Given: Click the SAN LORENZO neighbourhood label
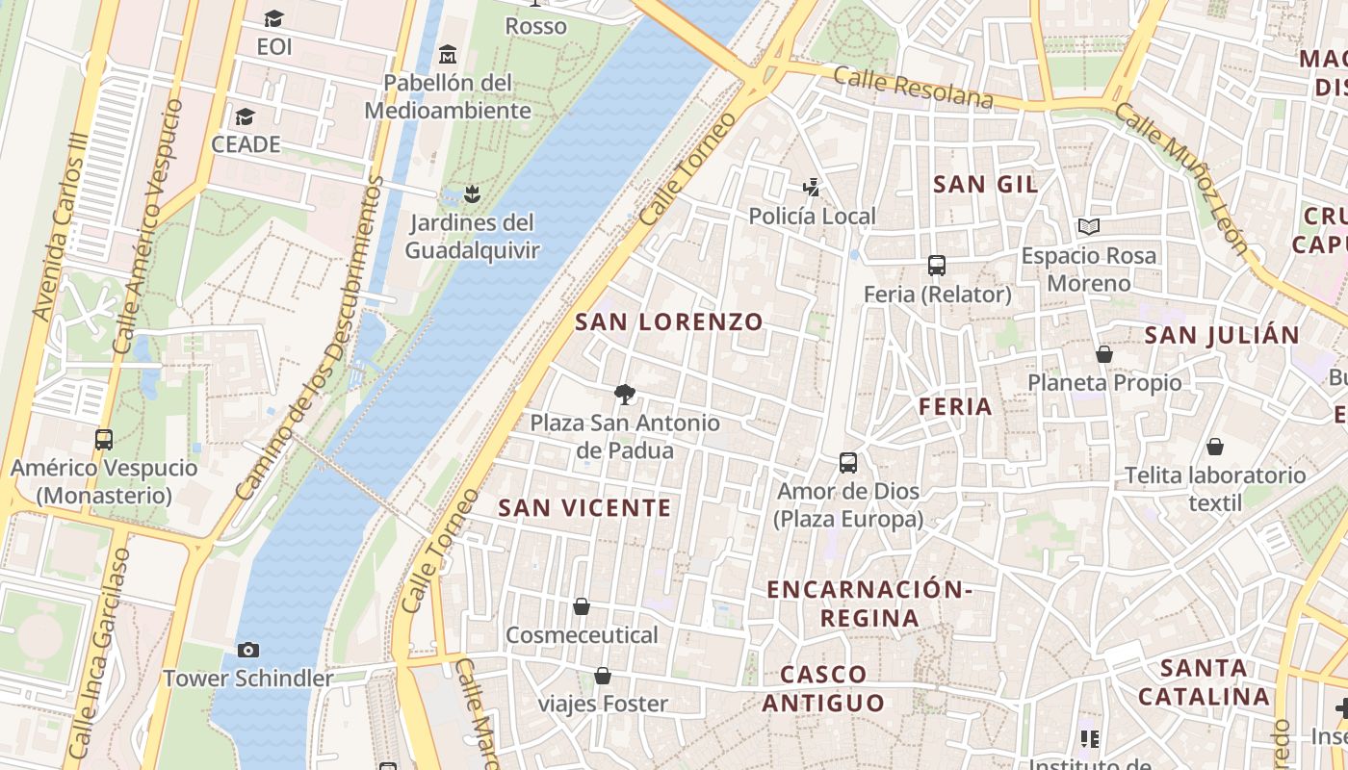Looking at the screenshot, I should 669,322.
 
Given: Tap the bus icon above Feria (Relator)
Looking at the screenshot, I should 937,266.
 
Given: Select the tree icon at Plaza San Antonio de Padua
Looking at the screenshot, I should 625,394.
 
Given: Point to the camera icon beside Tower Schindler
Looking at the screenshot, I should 248,650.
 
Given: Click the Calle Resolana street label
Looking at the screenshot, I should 913,88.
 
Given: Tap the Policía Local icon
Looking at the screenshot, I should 812,188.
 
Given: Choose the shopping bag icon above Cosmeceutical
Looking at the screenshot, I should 582,606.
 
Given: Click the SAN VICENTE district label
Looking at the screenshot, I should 584,508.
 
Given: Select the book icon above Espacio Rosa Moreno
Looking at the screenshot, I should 1089,227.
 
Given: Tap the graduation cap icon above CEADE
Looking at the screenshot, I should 246,116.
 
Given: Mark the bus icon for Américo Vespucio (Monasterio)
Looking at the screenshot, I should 104,440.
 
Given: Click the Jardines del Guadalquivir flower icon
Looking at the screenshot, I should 471,194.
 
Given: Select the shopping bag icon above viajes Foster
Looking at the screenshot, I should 603,676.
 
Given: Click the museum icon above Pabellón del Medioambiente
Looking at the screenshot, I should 447,54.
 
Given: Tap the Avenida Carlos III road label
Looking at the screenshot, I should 61,227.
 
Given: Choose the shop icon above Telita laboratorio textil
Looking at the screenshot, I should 1215,447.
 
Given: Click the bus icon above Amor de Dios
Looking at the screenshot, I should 848,463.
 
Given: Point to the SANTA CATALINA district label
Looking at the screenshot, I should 1204,681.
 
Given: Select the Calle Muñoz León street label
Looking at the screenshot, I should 1182,177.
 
